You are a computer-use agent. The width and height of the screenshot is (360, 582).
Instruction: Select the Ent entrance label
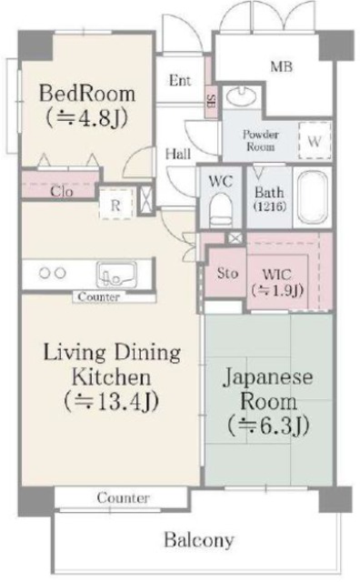tap(180, 80)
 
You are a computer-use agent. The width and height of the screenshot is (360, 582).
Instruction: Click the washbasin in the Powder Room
tap(243, 98)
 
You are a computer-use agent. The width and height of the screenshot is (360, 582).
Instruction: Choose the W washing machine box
tap(314, 140)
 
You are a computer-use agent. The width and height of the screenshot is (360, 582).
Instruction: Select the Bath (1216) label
tap(269, 199)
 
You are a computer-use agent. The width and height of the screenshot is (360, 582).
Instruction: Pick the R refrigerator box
tap(115, 204)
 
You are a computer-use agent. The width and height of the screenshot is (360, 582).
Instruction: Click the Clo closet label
tap(62, 192)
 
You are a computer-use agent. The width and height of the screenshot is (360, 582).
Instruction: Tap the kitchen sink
tap(116, 273)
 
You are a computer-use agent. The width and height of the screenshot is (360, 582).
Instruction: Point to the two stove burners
tap(51, 272)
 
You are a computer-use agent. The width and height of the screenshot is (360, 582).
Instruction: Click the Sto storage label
tap(226, 273)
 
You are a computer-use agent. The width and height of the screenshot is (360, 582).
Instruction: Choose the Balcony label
tap(198, 539)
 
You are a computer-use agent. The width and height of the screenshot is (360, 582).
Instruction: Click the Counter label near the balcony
tap(123, 499)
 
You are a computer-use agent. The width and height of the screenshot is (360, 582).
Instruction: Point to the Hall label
tap(178, 154)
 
